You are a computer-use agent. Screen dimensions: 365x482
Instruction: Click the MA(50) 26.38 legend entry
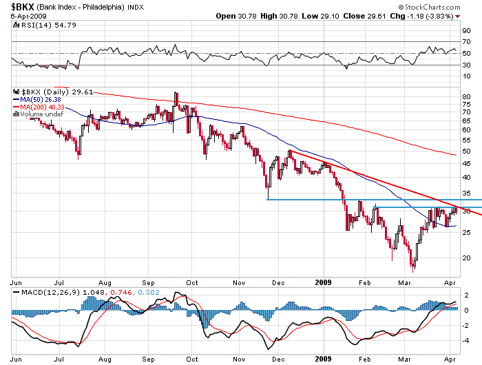35,98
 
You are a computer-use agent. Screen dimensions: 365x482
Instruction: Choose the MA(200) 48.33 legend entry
36,106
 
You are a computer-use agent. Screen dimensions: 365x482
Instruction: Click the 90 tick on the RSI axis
466,31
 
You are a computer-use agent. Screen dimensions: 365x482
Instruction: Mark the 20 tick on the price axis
466,258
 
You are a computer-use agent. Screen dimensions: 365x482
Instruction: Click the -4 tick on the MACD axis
466,340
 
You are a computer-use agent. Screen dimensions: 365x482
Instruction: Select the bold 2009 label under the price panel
324,282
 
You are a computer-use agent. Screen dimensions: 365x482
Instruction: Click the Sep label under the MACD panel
148,358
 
